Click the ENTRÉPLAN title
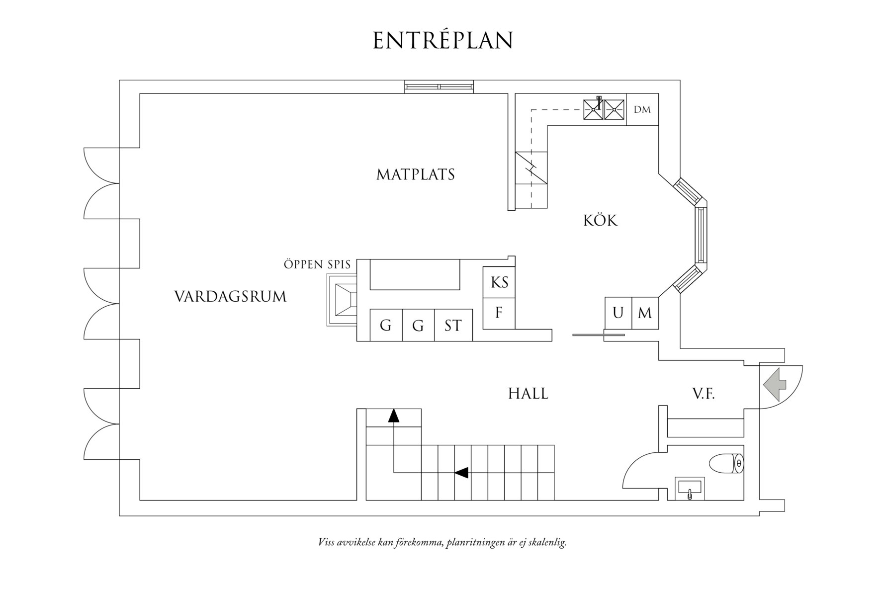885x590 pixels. coord(442,41)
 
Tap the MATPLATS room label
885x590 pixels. coord(416,174)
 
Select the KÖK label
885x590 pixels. coord(600,220)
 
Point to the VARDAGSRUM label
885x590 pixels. coord(230,297)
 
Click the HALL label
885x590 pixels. coord(528,394)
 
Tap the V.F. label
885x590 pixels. coord(703,394)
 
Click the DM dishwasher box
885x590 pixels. coord(642,109)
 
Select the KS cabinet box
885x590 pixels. coord(499,282)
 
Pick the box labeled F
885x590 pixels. coord(499,313)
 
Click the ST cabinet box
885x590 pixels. coord(453,326)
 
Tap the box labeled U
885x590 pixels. coord(618,313)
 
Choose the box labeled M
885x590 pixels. coord(645,313)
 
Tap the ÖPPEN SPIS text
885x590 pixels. coord(317,264)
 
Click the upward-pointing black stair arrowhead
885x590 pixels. coord(394,416)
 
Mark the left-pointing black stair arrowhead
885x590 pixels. coord(461,473)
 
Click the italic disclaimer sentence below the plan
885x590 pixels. coord(442,542)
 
